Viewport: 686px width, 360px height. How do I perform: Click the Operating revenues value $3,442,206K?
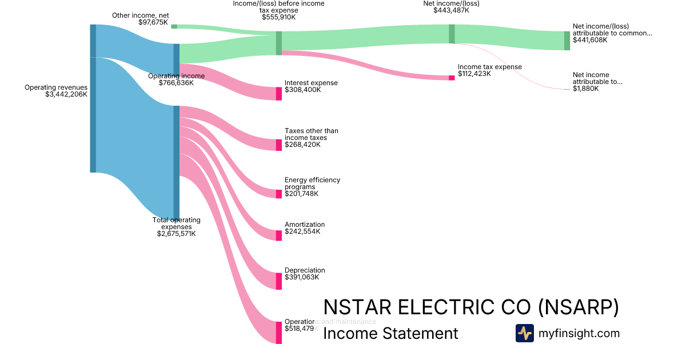66,94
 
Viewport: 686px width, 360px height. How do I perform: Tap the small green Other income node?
174,26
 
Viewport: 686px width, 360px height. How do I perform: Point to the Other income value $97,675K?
153,22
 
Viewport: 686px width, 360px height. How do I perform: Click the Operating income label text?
176,76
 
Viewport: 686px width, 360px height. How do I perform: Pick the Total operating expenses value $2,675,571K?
176,234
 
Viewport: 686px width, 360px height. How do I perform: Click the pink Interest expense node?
279,94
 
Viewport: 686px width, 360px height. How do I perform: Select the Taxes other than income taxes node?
279,145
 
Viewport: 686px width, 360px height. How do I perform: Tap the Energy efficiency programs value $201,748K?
301,194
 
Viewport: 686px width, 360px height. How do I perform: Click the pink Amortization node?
279,235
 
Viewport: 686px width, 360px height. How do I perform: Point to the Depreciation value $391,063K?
302,277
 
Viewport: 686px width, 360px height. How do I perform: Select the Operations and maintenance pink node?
279,333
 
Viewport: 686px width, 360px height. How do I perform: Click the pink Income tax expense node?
452,78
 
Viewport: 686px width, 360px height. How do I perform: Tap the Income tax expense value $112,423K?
474,74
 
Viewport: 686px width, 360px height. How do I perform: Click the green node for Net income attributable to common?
567,41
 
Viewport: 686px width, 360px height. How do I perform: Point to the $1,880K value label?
585,89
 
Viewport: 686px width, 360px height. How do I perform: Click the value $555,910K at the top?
279,17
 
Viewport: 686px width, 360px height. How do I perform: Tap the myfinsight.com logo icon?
524,333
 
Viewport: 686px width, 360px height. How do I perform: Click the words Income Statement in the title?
390,333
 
